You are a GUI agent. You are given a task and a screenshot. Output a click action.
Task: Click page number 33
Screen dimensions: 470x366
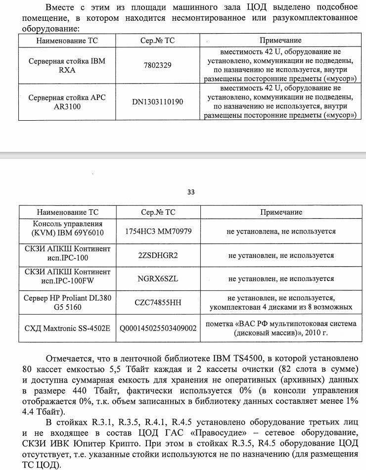191,192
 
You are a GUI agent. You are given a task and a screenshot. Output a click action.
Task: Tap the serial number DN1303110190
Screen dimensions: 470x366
158,102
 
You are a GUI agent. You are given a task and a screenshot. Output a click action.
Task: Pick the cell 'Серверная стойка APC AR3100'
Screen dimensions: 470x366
67,102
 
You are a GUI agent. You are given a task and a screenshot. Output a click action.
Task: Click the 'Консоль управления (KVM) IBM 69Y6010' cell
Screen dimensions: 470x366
67,231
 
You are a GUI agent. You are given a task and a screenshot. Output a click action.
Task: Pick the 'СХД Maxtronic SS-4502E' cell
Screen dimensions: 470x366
67,328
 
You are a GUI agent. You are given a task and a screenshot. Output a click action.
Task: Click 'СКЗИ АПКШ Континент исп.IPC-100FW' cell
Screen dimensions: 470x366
67,279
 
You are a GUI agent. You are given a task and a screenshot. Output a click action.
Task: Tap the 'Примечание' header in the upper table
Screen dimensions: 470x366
280,40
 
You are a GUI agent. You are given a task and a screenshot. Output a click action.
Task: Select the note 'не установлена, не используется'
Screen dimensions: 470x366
281,231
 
